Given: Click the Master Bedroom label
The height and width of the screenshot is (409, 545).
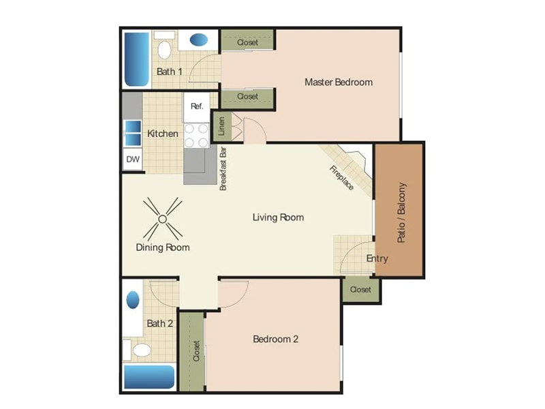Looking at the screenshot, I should pyautogui.click(x=339, y=82).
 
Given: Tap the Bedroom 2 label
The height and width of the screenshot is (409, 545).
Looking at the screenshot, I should pyautogui.click(x=275, y=339).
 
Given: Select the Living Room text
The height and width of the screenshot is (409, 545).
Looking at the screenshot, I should pyautogui.click(x=278, y=217).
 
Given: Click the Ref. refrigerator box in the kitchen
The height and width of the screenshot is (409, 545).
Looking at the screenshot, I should pyautogui.click(x=197, y=106).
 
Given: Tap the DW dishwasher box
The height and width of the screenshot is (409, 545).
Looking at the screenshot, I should pyautogui.click(x=133, y=160).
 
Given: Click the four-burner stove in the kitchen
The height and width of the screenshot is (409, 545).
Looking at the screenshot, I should pyautogui.click(x=196, y=135).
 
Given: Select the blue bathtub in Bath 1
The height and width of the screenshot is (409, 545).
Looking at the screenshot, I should pyautogui.click(x=136, y=59).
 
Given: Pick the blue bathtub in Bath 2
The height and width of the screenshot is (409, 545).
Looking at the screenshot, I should pyautogui.click(x=149, y=376).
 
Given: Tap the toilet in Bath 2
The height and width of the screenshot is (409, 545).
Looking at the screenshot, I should pyautogui.click(x=142, y=350).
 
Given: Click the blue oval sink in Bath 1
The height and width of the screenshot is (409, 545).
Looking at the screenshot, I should pyautogui.click(x=199, y=40).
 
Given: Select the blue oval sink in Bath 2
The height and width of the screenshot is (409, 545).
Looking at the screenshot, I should pyautogui.click(x=133, y=300).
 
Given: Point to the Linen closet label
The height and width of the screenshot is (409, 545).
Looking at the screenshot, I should pyautogui.click(x=221, y=125).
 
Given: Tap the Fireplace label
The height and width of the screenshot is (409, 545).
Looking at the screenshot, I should pyautogui.click(x=342, y=178).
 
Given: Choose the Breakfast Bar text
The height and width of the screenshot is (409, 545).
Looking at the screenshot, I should pyautogui.click(x=223, y=168).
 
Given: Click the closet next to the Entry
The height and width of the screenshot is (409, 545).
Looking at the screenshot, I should pyautogui.click(x=360, y=290).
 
